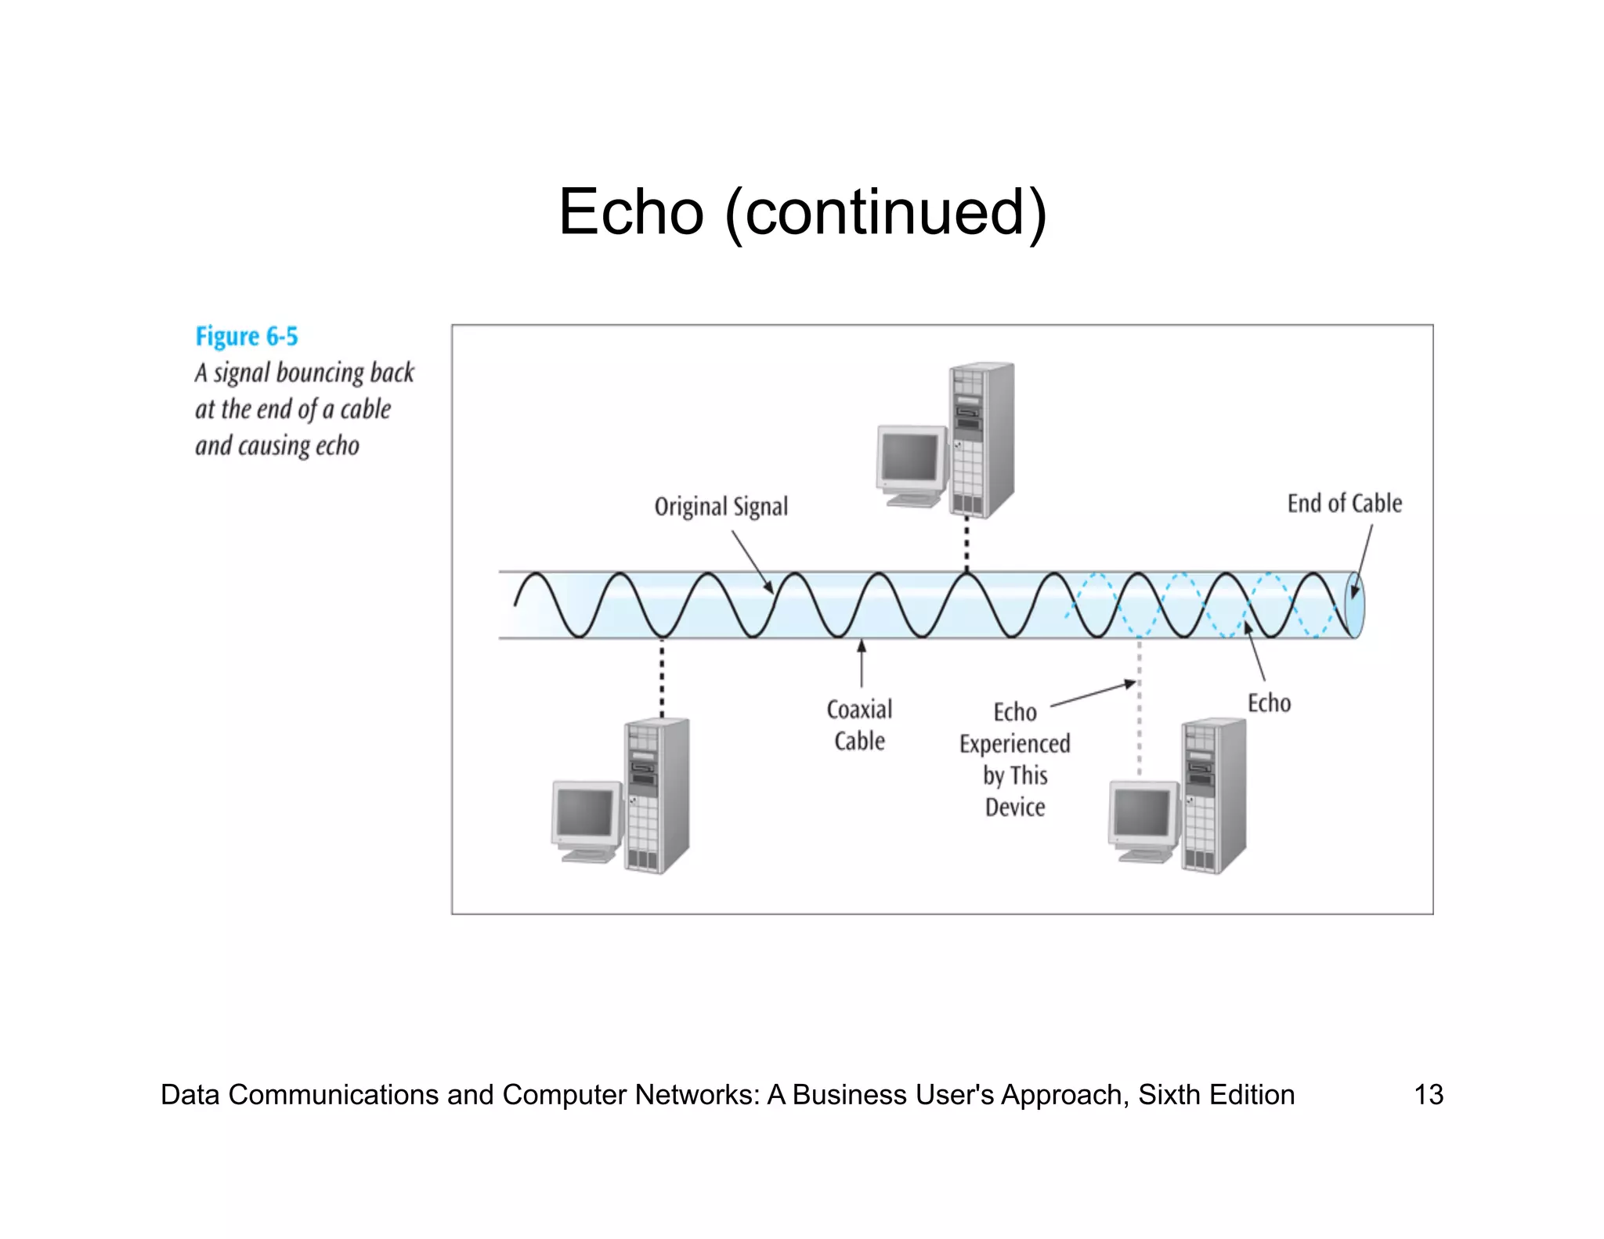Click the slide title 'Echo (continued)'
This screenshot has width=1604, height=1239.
[x=802, y=212]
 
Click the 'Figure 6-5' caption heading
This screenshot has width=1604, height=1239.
[x=247, y=337]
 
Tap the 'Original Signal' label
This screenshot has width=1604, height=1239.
[x=721, y=507]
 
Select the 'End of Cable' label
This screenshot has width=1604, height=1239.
[x=1344, y=504]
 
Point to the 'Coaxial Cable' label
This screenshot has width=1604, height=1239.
[x=859, y=725]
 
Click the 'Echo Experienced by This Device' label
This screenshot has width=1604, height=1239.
[x=1014, y=759]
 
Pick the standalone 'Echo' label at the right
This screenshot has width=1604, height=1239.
[x=1269, y=703]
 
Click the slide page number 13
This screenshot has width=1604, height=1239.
[x=1428, y=1094]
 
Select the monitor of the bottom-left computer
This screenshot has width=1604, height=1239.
[x=585, y=814]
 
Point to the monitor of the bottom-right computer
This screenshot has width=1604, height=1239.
[x=1143, y=814]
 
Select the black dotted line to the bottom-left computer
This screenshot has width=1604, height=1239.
[x=662, y=678]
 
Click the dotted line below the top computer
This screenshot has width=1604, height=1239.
[x=966, y=544]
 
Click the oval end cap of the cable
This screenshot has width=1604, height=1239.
[x=1354, y=605]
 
